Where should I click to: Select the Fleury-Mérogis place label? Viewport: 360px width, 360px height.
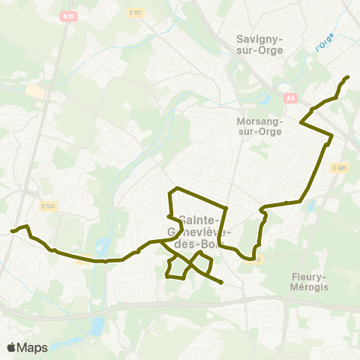[x=310, y=280]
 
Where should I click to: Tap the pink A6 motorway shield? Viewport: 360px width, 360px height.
[x=290, y=97]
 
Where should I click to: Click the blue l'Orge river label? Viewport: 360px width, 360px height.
[x=325, y=43]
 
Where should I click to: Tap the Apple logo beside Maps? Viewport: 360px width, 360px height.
[x=11, y=347]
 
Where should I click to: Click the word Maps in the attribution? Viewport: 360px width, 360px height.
[x=32, y=347]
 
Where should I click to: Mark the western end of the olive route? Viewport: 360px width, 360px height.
[x=12, y=231]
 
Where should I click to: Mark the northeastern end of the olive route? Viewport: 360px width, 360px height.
[x=348, y=77]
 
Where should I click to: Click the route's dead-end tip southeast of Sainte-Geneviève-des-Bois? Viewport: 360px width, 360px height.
[x=222, y=283]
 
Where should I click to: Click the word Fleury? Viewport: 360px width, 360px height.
[x=310, y=275]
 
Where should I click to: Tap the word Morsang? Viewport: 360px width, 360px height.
[x=259, y=120]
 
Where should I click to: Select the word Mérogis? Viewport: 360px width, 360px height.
[x=310, y=286]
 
